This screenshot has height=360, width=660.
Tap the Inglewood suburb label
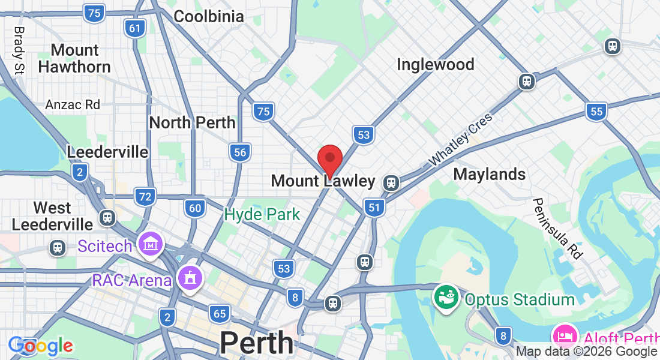(435, 64)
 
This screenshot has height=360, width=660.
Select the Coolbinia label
(208, 16)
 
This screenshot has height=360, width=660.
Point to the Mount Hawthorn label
(74, 58)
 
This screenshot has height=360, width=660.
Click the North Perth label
(192, 122)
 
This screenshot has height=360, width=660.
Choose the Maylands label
(489, 174)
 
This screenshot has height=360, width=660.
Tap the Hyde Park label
(262, 214)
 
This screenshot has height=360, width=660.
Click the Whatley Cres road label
(460, 139)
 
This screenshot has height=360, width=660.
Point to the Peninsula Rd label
(557, 228)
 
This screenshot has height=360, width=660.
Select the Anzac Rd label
(73, 104)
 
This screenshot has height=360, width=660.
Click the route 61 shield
(136, 28)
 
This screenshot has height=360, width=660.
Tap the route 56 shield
(239, 152)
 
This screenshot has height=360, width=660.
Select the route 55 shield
(596, 111)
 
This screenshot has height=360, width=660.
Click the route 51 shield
(374, 208)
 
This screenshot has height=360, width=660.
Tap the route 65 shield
(220, 313)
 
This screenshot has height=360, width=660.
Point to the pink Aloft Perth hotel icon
(565, 335)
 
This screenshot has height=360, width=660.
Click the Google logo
(40, 346)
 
